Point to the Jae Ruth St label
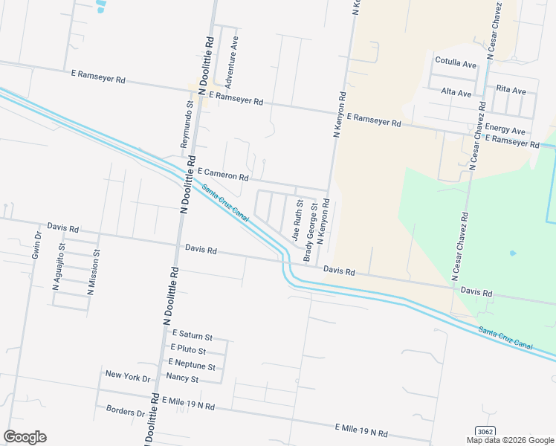299,220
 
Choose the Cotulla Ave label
456,64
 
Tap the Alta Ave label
456,93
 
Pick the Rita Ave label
511,90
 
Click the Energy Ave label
505,131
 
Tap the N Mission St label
93,268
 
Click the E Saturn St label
193,336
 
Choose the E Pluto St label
188,349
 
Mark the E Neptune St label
192,364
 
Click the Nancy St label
183,378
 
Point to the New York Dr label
128,376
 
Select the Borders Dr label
125,411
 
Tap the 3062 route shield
485,432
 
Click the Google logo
25,437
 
